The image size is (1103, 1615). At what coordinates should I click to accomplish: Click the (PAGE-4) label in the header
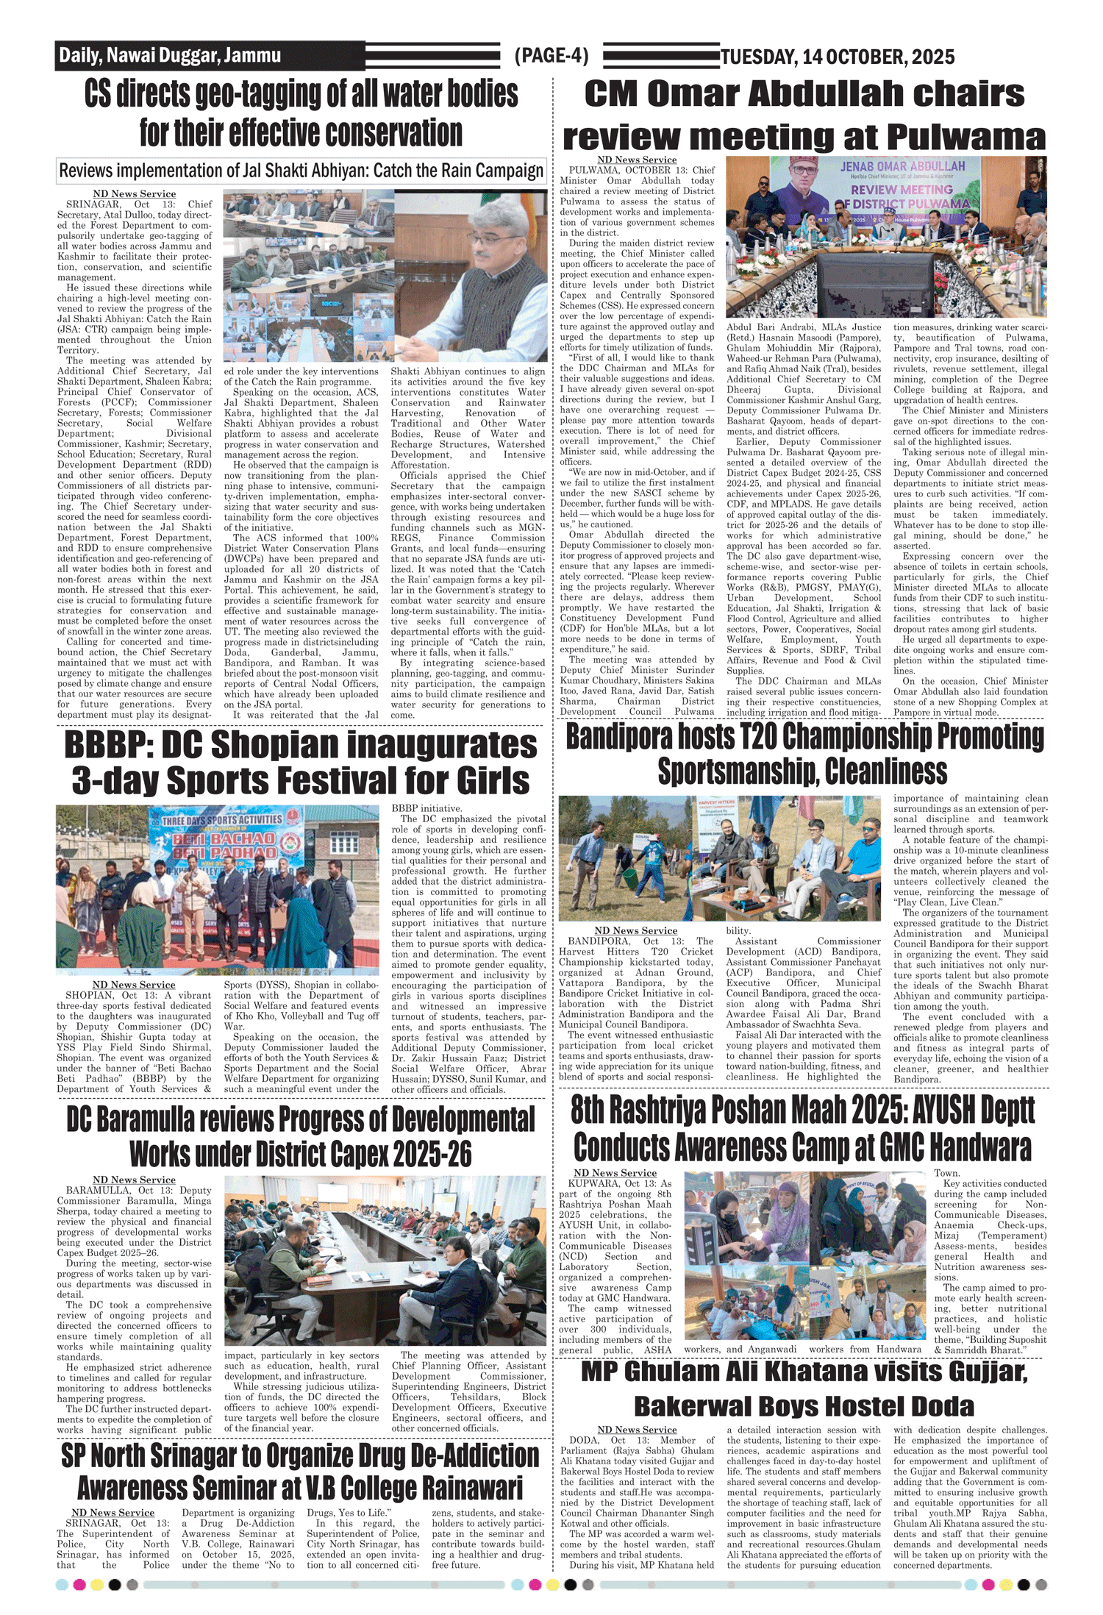click(x=551, y=56)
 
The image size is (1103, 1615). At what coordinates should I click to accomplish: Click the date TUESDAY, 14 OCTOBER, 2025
click(x=838, y=57)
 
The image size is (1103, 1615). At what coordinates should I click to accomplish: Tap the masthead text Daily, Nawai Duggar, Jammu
click(x=170, y=55)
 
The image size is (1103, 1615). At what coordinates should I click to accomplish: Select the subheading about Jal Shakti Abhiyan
click(x=301, y=171)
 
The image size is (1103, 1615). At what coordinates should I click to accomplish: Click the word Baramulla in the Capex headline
click(x=147, y=1119)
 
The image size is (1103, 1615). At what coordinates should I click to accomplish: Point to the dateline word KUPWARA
click(x=595, y=1183)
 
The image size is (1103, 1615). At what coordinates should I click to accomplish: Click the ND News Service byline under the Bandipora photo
click(x=635, y=930)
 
